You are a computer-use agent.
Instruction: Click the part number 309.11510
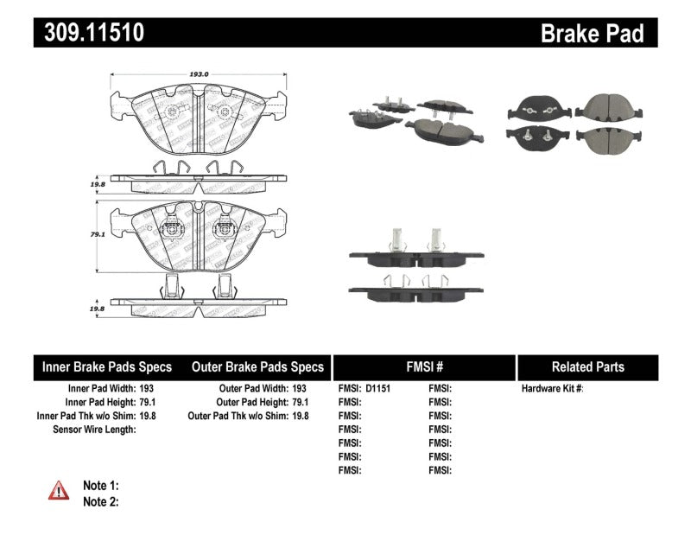(x=90, y=32)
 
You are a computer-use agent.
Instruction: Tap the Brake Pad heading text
(x=592, y=33)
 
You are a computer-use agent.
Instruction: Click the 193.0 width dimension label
(x=199, y=75)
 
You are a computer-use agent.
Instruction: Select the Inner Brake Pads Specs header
(x=107, y=367)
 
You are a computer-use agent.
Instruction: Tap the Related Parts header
(x=586, y=367)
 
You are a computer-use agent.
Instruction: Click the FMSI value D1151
(x=377, y=389)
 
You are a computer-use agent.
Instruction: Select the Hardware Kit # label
(x=552, y=389)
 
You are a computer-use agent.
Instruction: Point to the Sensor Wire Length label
(x=94, y=430)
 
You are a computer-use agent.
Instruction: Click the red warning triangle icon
(x=59, y=490)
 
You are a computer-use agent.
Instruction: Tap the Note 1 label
(x=100, y=486)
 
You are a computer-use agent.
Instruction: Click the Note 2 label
(x=100, y=501)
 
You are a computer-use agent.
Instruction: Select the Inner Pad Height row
(x=110, y=402)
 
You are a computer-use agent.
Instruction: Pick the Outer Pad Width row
(x=262, y=389)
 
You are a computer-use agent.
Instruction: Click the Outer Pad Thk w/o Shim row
(x=248, y=416)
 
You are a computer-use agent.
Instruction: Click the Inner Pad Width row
(x=111, y=389)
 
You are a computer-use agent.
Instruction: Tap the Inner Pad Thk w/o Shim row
(x=95, y=416)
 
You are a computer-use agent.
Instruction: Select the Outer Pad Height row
(x=262, y=402)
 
